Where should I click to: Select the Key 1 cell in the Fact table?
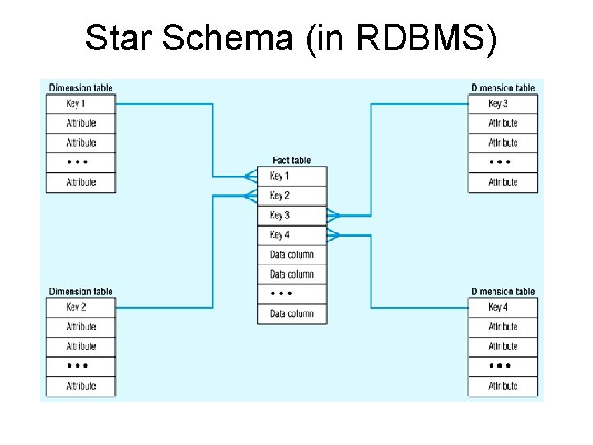tap(292, 176)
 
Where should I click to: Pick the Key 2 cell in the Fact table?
tap(292, 196)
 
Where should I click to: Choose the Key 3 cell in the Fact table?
tap(292, 216)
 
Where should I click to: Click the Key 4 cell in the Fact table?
tap(292, 236)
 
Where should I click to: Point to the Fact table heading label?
tap(292, 161)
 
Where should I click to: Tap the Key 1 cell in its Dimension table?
tap(81, 104)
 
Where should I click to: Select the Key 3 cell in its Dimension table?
tap(502, 104)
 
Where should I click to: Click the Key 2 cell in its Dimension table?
tap(81, 307)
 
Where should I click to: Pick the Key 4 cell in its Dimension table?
tap(502, 307)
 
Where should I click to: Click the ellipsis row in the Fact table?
tap(292, 294)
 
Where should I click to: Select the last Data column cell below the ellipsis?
tap(292, 314)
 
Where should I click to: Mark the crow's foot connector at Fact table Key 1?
tap(250, 176)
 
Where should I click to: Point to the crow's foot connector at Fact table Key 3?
tap(334, 216)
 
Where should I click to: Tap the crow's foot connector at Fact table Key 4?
tap(334, 236)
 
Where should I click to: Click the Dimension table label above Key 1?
tap(81, 88)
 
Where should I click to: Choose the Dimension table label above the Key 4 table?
tap(502, 292)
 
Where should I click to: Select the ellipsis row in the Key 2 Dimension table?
tap(81, 366)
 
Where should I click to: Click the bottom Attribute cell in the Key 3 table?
tap(502, 183)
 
